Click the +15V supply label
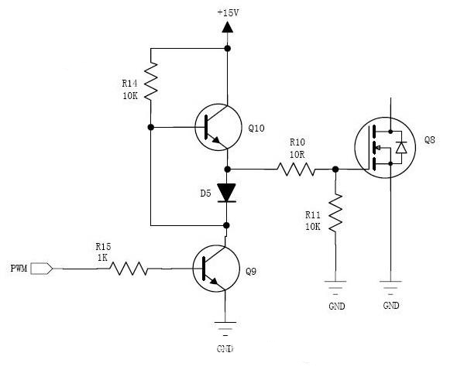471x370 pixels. click(x=228, y=12)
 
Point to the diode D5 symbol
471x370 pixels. click(x=227, y=191)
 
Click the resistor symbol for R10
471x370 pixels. click(x=297, y=169)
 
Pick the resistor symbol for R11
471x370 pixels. click(x=335, y=213)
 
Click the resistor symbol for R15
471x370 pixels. click(x=129, y=269)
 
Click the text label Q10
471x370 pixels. click(x=256, y=128)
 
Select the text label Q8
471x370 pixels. click(x=430, y=141)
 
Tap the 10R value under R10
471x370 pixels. click(x=297, y=153)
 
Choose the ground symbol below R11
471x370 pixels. click(x=335, y=290)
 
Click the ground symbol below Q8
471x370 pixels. click(x=391, y=290)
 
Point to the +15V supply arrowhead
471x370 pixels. click(x=228, y=28)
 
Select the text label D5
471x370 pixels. click(x=205, y=192)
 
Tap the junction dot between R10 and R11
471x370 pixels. click(x=335, y=169)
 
